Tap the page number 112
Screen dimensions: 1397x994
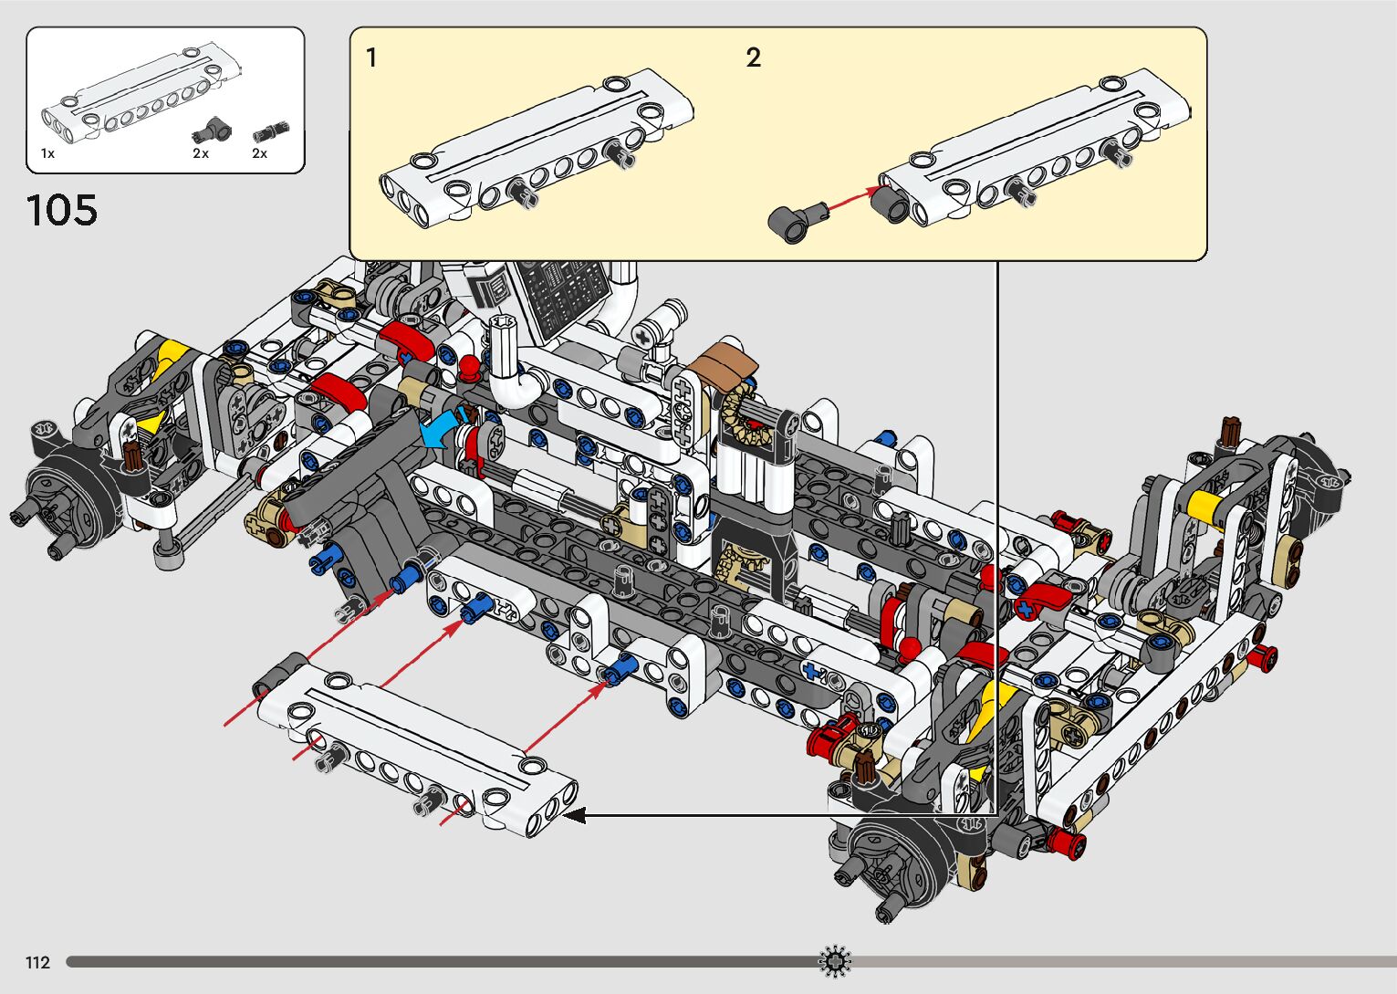coord(37,962)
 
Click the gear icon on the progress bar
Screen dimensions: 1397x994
coord(834,961)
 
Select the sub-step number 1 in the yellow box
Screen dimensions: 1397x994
coord(371,58)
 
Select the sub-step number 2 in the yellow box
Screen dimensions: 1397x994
coord(754,58)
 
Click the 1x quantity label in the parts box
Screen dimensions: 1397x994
coord(48,152)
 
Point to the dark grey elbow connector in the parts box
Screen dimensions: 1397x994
coord(212,130)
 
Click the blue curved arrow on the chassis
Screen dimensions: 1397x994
coord(442,429)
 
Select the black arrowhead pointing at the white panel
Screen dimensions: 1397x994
coord(574,815)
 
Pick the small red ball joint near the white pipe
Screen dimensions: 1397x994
coord(469,367)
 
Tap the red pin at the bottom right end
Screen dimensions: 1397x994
coord(1069,843)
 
